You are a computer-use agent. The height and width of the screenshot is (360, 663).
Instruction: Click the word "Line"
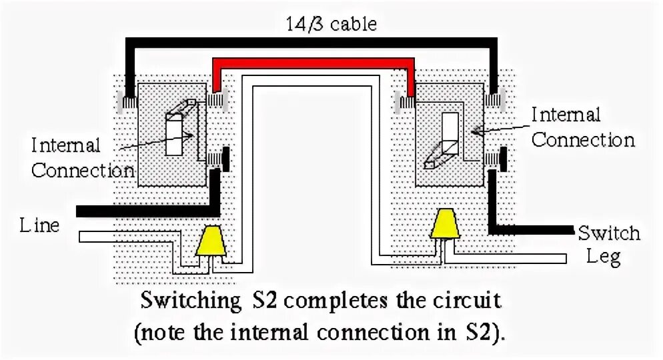[x=39, y=225]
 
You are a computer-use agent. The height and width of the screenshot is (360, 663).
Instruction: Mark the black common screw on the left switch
[x=226, y=158]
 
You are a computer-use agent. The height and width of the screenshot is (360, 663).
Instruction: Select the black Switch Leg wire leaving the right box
[x=534, y=231]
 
